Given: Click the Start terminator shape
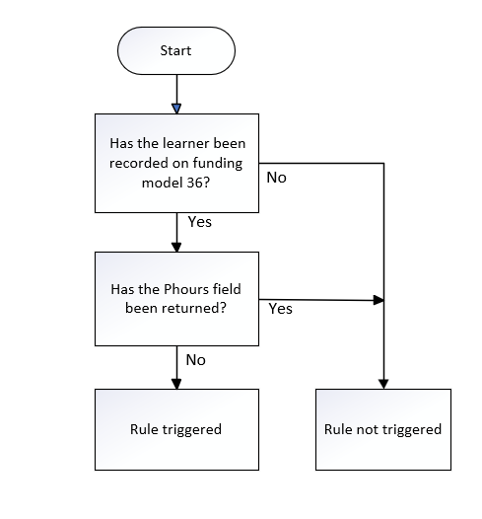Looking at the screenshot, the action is click(176, 50).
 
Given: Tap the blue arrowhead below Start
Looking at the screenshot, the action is click(176, 109).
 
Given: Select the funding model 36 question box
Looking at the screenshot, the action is click(176, 163).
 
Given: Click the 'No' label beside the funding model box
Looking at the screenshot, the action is click(276, 178).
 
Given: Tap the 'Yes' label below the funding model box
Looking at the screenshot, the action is click(200, 222).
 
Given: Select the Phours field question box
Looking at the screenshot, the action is click(176, 299).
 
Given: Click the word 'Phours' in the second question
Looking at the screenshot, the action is click(186, 289).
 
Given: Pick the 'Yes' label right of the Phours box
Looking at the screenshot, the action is click(280, 309).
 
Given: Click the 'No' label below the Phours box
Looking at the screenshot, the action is click(196, 360).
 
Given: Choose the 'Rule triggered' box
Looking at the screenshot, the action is click(176, 429).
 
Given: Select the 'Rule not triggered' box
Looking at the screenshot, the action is click(383, 429).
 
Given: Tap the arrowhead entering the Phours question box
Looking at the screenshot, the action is click(176, 248).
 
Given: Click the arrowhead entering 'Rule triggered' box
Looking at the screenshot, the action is click(176, 384).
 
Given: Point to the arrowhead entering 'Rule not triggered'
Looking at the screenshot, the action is click(383, 384).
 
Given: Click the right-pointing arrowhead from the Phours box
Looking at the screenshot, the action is click(379, 300).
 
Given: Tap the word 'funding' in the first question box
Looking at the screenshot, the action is click(218, 164).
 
